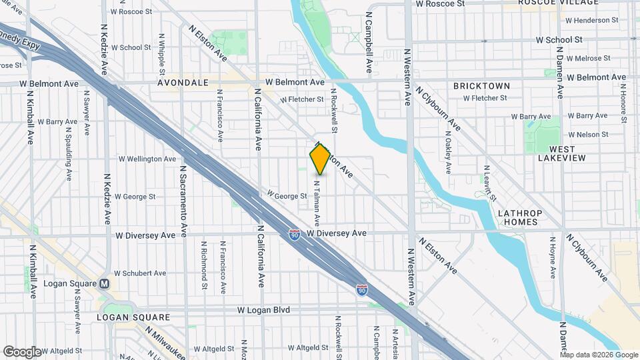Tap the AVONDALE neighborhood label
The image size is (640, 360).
183,84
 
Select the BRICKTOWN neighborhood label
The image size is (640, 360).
481,86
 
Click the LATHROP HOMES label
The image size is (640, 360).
520,217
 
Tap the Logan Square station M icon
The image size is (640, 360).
104,284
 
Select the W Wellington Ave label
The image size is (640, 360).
147,159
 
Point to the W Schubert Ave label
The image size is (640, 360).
140,273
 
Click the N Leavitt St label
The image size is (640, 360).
489,183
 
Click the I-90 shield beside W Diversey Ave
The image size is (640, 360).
294,235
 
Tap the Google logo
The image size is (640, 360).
22,351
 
